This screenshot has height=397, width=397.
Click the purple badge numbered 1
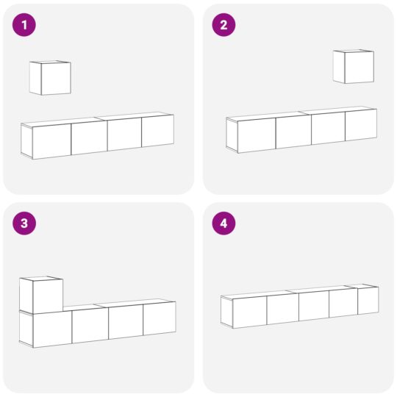coord(24,25)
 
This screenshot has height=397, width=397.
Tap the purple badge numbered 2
coord(223,25)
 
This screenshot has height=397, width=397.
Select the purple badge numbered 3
coord(24,224)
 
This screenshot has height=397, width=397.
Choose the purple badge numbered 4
coord(223,224)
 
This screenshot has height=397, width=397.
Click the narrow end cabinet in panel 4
coord(368,301)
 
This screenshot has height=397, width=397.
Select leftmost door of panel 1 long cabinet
coord(51,141)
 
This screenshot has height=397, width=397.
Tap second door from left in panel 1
coord(89,137)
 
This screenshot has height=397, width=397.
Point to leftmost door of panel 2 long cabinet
coord(256,135)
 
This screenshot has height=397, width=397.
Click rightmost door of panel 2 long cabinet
coord(360,126)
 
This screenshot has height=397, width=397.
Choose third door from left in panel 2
coord(328,129)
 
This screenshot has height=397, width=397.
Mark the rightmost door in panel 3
coord(159,319)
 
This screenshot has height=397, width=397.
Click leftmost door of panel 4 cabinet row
coord(249,311)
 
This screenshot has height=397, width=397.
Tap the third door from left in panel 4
coord(313,305)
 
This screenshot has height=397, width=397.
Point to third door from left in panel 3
coord(125,322)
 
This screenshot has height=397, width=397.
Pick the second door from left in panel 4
coord(282,308)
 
